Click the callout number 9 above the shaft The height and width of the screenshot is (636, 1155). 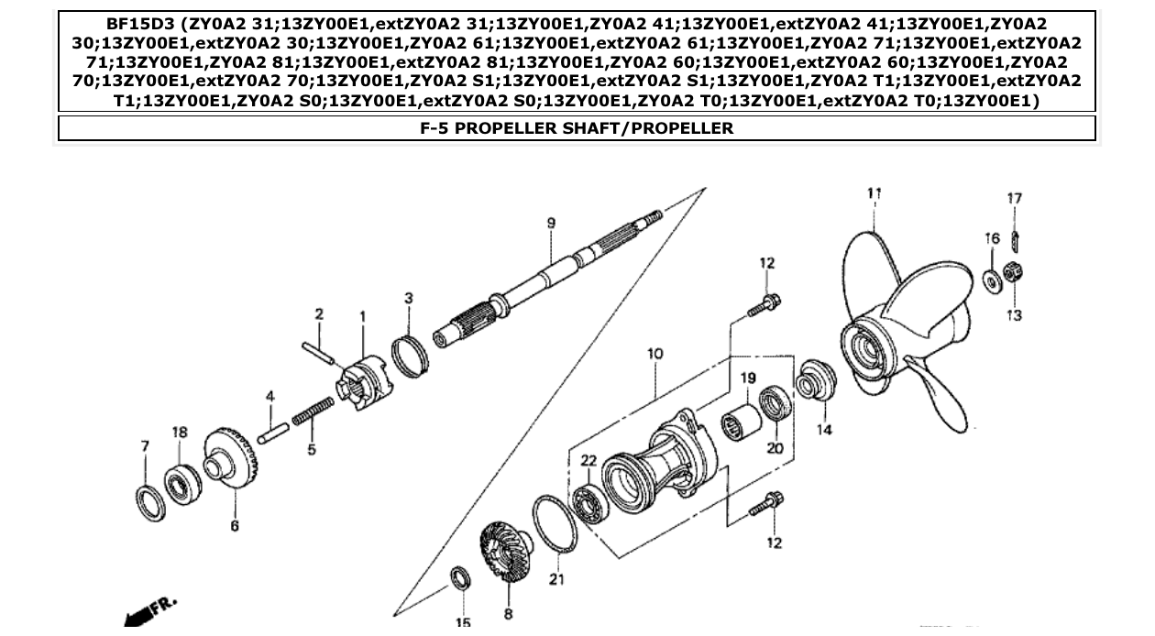(551, 224)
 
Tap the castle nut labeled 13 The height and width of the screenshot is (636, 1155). (1015, 271)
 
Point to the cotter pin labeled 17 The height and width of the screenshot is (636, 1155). (1015, 240)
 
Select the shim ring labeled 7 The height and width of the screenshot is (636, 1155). (150, 504)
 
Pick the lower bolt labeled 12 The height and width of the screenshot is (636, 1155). (764, 503)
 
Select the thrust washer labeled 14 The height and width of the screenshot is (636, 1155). (813, 380)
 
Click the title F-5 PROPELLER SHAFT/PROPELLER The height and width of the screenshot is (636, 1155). (577, 128)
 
